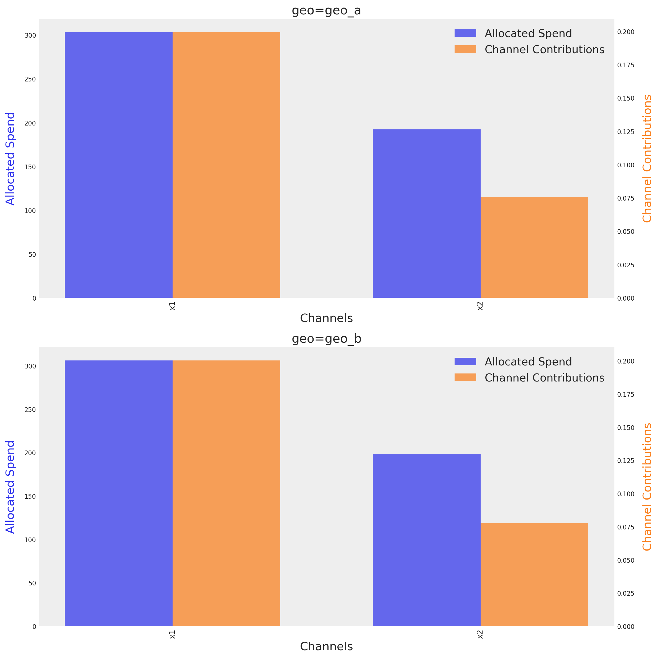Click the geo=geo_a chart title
click(x=326, y=11)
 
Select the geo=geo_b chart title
click(x=326, y=339)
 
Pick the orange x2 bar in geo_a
click(x=534, y=247)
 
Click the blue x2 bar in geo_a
click(x=426, y=214)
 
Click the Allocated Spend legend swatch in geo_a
click(x=465, y=33)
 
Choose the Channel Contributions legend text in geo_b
click(x=544, y=378)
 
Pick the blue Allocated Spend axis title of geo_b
click(x=10, y=487)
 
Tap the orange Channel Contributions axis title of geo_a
click(x=647, y=159)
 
